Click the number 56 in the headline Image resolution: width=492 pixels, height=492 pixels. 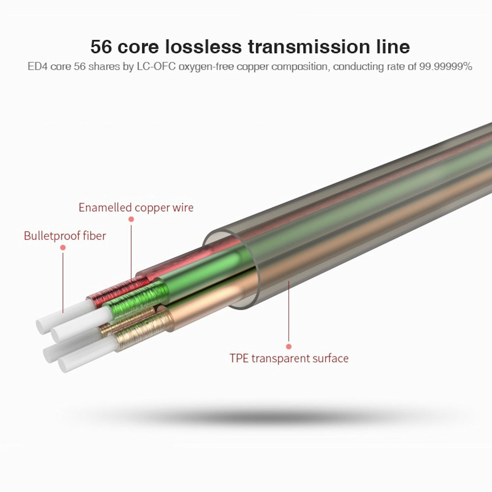point(101,47)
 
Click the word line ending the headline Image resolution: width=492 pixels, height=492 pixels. point(393,47)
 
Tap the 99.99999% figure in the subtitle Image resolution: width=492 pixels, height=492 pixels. point(445,66)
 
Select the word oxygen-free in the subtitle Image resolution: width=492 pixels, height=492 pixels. point(206,66)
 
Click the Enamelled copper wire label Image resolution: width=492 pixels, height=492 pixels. point(136,207)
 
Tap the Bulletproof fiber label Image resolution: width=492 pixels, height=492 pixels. point(65,235)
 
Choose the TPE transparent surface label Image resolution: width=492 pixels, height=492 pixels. point(289,358)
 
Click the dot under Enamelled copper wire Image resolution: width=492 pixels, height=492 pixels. point(131,219)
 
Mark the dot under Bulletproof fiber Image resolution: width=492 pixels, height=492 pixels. point(63,248)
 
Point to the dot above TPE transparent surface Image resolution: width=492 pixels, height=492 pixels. point(289,347)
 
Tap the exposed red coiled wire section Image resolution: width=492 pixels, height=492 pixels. point(116,290)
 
